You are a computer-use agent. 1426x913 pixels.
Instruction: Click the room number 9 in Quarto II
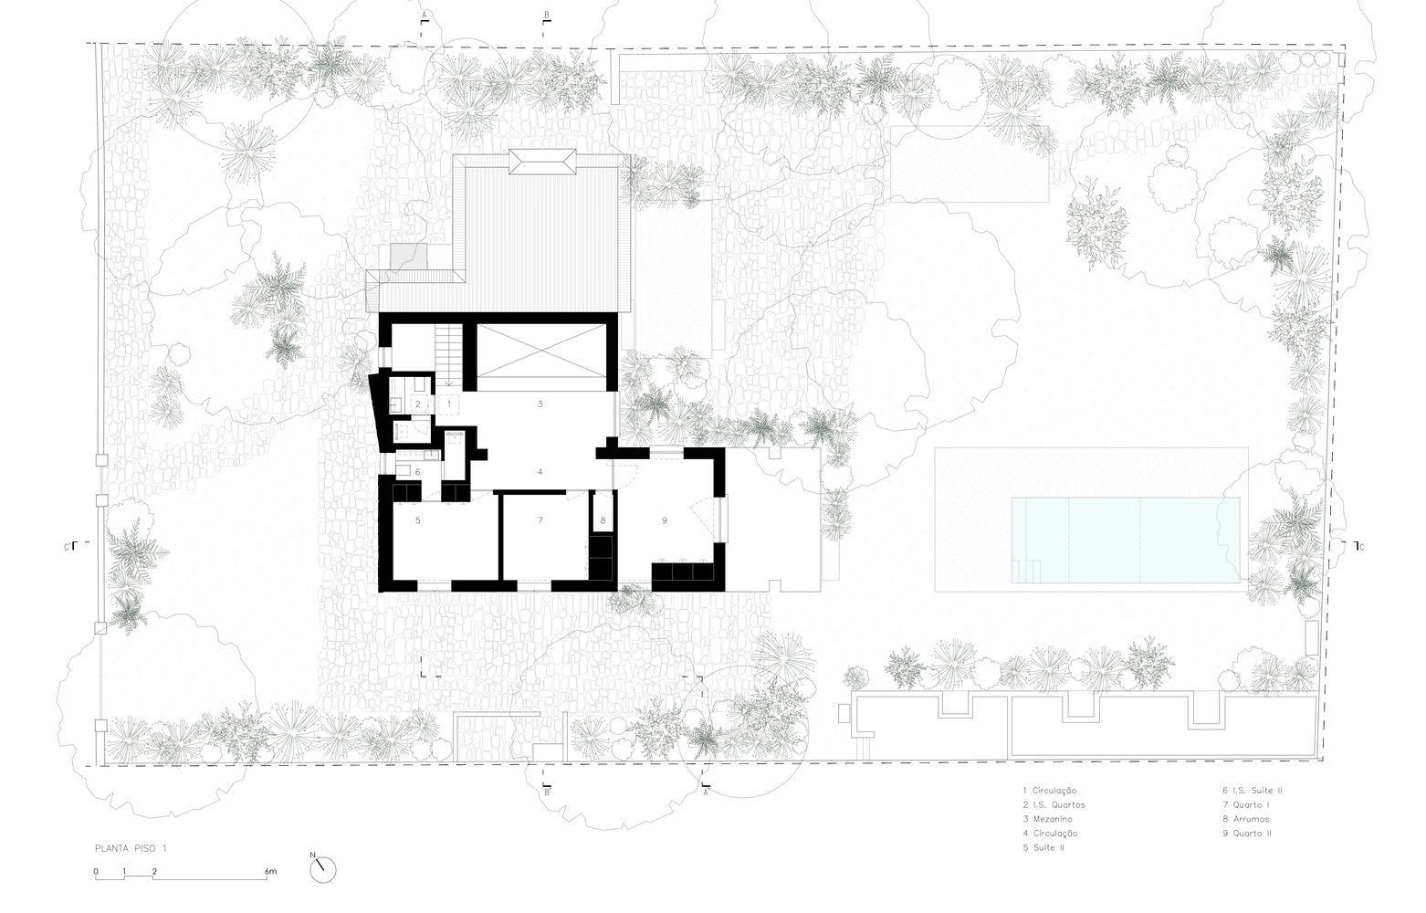(x=664, y=520)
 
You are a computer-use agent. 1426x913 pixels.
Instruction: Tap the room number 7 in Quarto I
(x=540, y=520)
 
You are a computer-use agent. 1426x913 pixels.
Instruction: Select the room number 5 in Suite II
(x=417, y=520)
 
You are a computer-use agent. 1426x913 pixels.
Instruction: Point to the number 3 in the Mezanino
(x=540, y=404)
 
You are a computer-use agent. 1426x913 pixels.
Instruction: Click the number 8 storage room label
(x=603, y=520)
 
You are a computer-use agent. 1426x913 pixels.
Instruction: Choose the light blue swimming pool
(x=1126, y=540)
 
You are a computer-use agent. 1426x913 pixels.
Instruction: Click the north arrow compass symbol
(x=323, y=869)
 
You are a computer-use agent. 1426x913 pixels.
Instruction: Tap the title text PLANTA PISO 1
(x=131, y=849)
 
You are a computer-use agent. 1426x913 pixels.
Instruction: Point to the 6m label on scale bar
(x=270, y=872)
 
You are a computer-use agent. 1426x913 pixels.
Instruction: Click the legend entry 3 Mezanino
(x=1047, y=819)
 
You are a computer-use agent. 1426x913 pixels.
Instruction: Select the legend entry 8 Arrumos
(x=1246, y=819)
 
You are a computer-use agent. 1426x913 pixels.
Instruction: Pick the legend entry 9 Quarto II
(x=1247, y=834)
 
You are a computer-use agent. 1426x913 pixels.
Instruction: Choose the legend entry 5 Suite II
(x=1043, y=848)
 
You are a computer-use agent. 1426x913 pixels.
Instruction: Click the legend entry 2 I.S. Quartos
(x=1054, y=804)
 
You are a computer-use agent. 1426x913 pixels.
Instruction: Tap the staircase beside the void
(x=449, y=355)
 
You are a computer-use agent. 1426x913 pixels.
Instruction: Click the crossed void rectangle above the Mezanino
(x=541, y=351)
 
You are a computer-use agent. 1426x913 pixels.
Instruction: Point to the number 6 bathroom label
(x=417, y=472)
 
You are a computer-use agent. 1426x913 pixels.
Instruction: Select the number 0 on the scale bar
(x=96, y=872)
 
